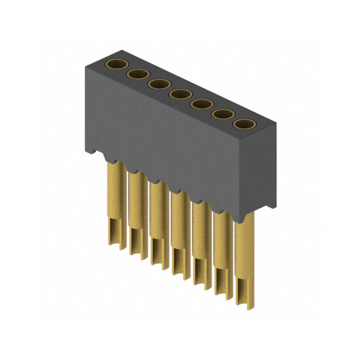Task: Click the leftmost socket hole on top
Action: [116, 64]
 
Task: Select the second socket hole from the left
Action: [137, 74]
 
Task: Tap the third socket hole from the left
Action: [158, 84]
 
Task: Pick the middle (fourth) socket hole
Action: [180, 94]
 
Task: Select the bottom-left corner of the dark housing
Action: [86, 151]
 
